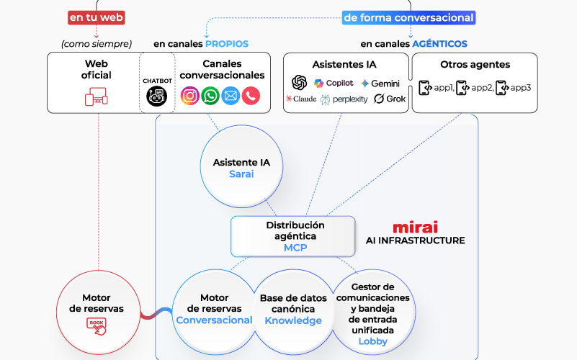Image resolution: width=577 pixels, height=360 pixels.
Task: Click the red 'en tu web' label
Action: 97,17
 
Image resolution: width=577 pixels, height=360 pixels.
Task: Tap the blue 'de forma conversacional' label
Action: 408,17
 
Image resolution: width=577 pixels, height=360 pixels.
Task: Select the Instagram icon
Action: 190,95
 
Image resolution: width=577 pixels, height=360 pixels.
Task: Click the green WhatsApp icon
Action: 210,95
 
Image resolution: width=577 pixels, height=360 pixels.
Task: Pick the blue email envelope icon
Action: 231,95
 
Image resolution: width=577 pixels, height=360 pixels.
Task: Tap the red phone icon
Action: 251,95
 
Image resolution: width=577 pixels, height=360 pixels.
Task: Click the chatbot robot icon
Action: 156,96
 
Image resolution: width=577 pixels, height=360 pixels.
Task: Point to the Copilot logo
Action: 334,83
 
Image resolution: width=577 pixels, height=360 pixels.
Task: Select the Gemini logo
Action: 380,84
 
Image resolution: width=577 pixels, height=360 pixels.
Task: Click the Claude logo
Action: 301,99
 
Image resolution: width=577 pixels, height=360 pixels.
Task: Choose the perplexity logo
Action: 344,99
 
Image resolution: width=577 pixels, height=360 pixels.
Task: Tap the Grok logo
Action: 390,99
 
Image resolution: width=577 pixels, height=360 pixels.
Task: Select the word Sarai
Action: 241,174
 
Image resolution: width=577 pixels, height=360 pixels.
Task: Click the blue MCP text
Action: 295,247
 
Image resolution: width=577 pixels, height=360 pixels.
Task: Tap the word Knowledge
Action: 293,320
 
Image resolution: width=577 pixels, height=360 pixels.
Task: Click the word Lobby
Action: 372,341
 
